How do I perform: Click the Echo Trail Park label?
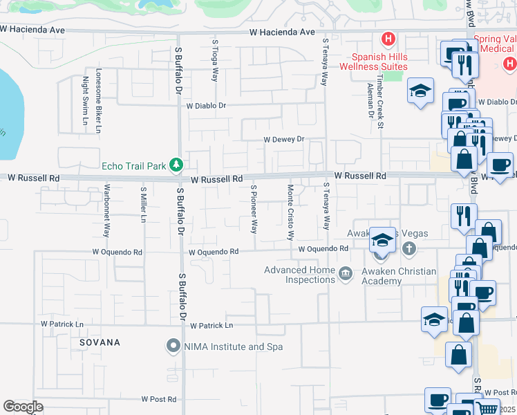134,165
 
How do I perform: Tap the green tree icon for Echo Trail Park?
177,165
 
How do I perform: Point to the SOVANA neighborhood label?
99,342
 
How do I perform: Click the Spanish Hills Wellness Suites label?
373,62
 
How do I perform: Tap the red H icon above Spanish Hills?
388,39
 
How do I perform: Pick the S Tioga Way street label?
216,61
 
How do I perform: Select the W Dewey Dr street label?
284,139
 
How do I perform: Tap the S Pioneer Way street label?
254,208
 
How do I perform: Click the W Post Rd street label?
159,399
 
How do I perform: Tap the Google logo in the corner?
23,406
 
